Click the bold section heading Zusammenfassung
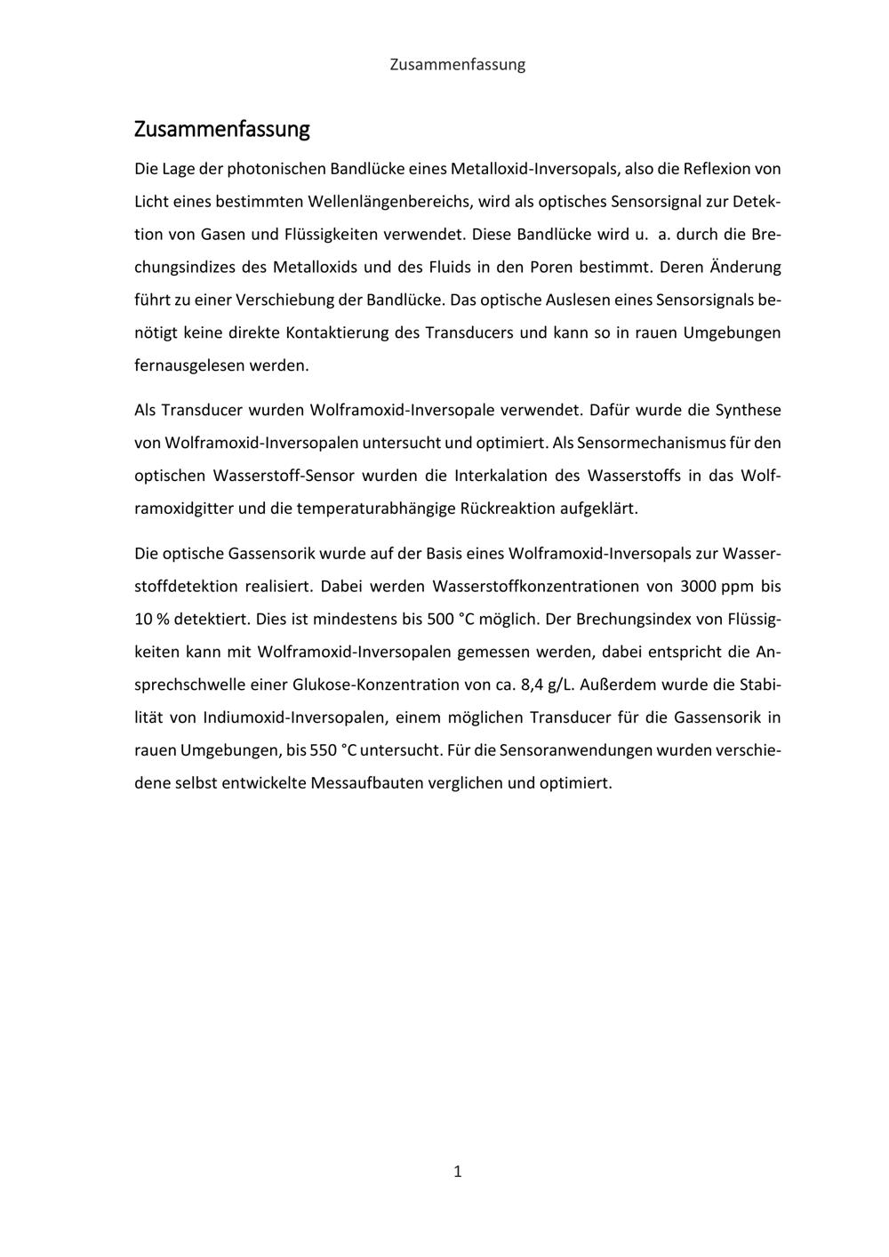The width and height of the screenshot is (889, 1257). click(221, 129)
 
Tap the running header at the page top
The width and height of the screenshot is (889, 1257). click(457, 64)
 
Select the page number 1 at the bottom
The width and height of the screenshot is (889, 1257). click(457, 1171)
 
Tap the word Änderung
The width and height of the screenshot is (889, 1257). click(744, 267)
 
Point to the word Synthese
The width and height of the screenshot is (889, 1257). click(749, 410)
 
